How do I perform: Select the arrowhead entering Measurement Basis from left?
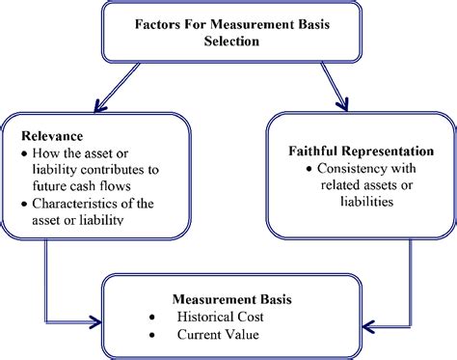click(97, 319)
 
